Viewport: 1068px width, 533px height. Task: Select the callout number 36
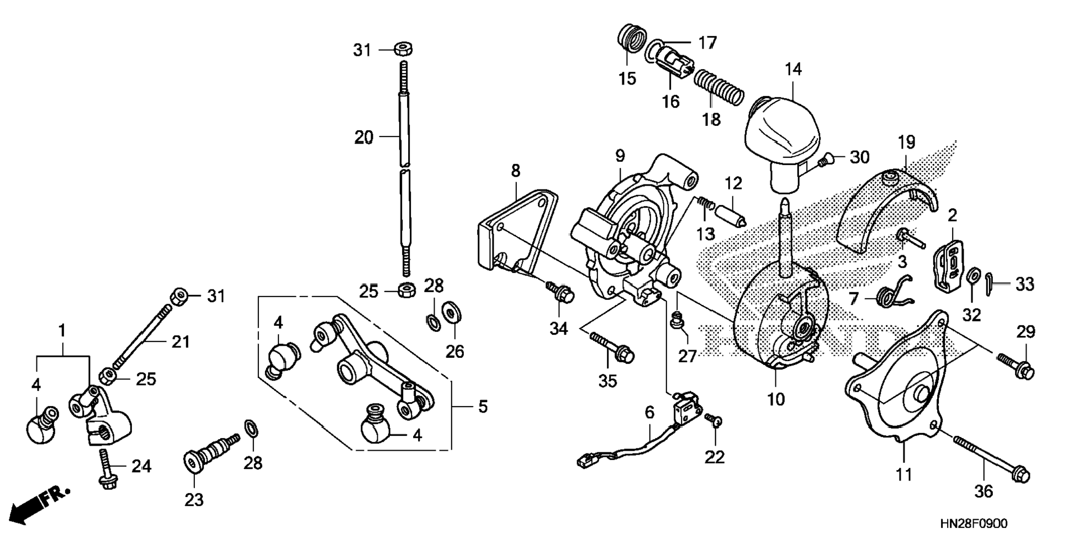pos(984,491)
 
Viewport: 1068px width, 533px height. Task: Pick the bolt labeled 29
pos(1015,366)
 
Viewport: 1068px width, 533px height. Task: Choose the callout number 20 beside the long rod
pos(364,137)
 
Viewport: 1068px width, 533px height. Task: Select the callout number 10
pos(776,399)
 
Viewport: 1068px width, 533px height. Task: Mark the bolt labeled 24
pos(105,467)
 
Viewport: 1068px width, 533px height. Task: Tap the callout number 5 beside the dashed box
pos(483,407)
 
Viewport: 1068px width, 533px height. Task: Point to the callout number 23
pos(194,500)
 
